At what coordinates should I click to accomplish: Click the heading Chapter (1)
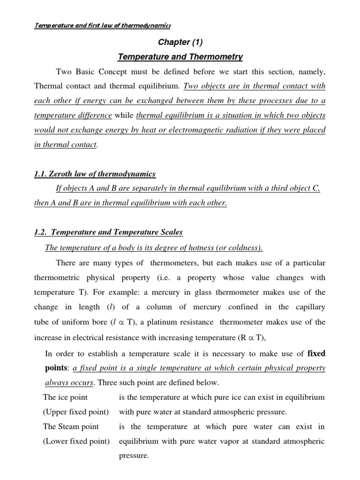(180, 43)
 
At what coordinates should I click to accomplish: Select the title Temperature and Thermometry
(180, 57)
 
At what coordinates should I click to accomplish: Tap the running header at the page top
(103, 25)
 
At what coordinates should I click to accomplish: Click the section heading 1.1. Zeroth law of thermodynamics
(95, 174)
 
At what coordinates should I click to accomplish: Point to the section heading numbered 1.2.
(108, 232)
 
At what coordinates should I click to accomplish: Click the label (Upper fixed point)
(76, 412)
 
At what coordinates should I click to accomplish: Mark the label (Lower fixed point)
(76, 441)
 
